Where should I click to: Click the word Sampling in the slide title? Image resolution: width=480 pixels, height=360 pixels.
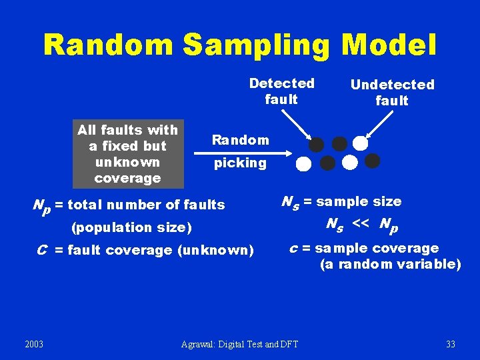[x=256, y=45]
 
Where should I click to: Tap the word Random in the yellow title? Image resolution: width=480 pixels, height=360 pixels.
[x=109, y=45]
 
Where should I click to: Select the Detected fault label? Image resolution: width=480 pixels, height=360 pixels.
[x=281, y=91]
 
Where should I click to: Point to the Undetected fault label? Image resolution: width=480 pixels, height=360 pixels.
[x=392, y=93]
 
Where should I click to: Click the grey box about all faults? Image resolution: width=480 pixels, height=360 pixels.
[x=128, y=154]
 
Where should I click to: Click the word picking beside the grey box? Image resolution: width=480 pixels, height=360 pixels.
[x=240, y=163]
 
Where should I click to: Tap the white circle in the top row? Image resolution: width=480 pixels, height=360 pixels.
[x=361, y=143]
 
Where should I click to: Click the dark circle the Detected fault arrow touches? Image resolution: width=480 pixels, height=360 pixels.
[x=317, y=145]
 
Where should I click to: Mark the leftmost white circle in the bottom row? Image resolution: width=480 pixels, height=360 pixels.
[x=303, y=164]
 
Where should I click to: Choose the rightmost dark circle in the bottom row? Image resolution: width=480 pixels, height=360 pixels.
[x=373, y=161]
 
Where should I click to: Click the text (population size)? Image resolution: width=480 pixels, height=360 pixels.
[x=131, y=227]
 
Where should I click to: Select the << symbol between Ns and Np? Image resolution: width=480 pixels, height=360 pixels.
[x=361, y=223]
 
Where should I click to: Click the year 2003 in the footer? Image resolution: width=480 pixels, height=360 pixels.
[x=34, y=344]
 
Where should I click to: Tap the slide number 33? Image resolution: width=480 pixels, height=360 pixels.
[x=451, y=344]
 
